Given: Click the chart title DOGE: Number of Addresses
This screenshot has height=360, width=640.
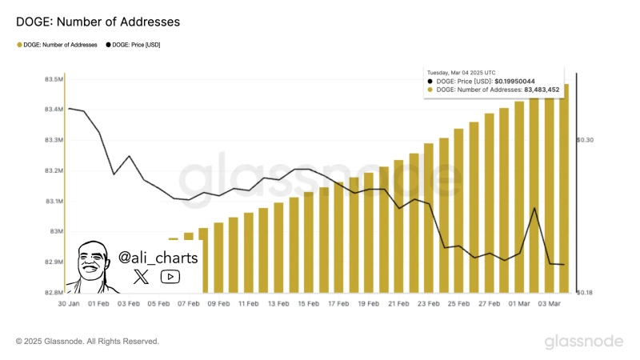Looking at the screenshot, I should pyautogui.click(x=98, y=22).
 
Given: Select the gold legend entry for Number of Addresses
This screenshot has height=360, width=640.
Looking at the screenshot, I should pyautogui.click(x=58, y=45).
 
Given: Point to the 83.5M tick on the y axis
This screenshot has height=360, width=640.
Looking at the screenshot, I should pyautogui.click(x=54, y=80).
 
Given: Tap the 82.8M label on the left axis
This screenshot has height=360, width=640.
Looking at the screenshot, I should pyautogui.click(x=54, y=292).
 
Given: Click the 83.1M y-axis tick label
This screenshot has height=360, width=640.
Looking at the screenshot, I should pyautogui.click(x=54, y=201).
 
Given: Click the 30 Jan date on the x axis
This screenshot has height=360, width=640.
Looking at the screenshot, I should pyautogui.click(x=69, y=305).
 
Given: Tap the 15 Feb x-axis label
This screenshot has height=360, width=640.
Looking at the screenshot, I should pyautogui.click(x=308, y=305).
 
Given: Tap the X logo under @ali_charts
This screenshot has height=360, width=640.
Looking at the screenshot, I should pyautogui.click(x=142, y=277).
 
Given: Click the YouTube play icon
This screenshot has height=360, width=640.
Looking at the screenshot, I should pyautogui.click(x=170, y=277).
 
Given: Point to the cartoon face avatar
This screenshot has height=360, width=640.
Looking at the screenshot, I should pyautogui.click(x=93, y=266).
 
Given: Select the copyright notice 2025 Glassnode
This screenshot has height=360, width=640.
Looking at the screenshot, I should pyautogui.click(x=87, y=342).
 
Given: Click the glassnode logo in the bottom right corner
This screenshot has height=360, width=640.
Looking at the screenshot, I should pyautogui.click(x=583, y=342).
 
